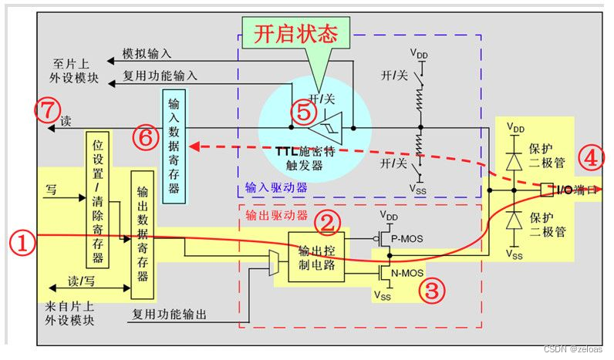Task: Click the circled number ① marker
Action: (23, 244)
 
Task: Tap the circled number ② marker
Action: (331, 224)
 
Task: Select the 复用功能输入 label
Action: (160, 76)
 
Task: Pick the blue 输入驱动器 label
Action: (275, 187)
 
